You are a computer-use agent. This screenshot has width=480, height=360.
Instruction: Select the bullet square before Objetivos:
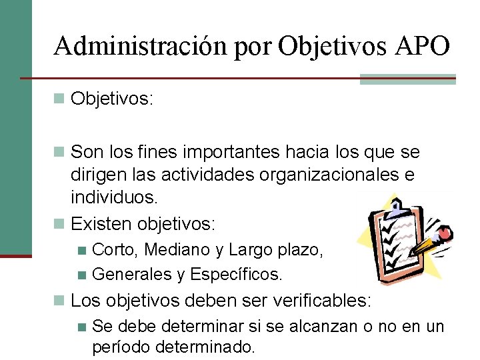[60, 99]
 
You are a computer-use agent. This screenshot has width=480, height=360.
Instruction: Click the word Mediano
[177, 250]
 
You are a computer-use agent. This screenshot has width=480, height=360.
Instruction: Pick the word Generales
[132, 274]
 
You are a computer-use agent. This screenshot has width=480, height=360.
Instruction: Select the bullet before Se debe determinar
[81, 327]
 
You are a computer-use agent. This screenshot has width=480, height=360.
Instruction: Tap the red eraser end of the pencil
[445, 233]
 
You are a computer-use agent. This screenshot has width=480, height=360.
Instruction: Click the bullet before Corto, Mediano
[81, 251]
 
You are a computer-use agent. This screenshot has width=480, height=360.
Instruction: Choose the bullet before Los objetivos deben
[60, 301]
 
